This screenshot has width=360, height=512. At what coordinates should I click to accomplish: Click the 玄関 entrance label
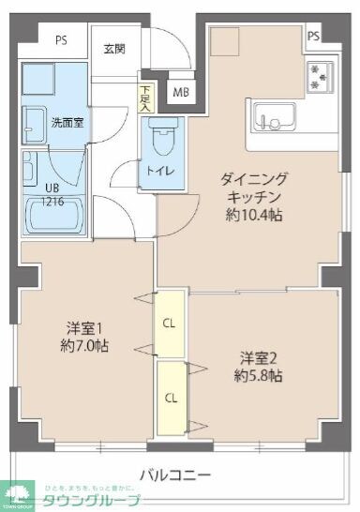pos(113,49)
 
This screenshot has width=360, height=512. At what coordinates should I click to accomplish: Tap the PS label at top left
pos(61,40)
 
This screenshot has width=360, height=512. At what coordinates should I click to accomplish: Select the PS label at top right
pos(312,36)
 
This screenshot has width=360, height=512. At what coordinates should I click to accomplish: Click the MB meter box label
pos(180,92)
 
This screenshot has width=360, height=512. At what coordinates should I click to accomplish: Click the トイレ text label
pos(158,171)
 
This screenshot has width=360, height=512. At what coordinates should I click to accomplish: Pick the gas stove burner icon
pos(320,75)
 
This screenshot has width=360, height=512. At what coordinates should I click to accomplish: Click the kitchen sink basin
pos(273,120)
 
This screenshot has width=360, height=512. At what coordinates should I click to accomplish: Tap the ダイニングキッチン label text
pos(254,188)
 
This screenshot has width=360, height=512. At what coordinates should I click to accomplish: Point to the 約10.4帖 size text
pos(254,216)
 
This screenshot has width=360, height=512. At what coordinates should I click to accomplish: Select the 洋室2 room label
pos(255,357)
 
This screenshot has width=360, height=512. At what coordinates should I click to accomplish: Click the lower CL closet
pos(171,397)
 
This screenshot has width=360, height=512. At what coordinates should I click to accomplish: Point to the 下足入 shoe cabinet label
pos(144,97)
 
